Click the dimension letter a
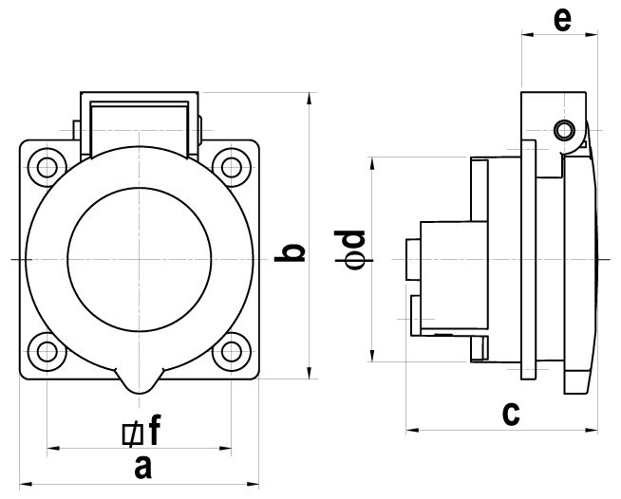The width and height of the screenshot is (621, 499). click(x=143, y=468)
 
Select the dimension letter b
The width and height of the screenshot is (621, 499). click(x=290, y=253)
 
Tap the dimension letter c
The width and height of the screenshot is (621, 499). click(x=511, y=415)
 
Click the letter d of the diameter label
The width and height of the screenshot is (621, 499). click(x=349, y=239)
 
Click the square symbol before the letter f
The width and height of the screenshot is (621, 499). click(x=133, y=434)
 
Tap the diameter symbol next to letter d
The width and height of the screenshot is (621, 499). click(x=353, y=260)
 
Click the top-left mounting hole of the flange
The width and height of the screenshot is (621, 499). click(x=47, y=167)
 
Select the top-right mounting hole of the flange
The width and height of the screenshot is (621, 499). click(x=232, y=167)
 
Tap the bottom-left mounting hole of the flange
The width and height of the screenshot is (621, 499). click(x=47, y=352)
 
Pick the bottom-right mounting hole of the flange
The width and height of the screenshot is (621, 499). click(x=232, y=352)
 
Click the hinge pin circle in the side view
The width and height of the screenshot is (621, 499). click(x=565, y=130)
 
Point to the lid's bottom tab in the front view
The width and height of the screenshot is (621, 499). click(x=139, y=381)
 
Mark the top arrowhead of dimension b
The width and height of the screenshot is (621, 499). click(x=310, y=99)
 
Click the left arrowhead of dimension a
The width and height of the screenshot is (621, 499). click(x=26, y=484)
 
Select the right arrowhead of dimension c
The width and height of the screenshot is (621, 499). click(x=592, y=430)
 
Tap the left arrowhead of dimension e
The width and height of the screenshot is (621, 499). click(x=528, y=35)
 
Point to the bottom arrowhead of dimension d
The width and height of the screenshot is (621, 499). click(x=372, y=355)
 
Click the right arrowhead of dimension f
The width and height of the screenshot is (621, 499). click(x=225, y=449)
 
